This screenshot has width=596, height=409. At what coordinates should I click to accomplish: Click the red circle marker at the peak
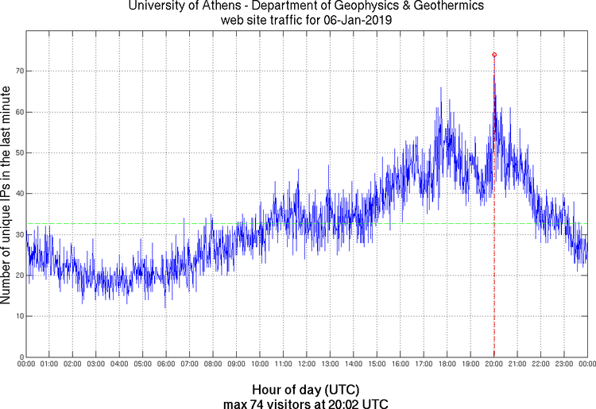pos(494,55)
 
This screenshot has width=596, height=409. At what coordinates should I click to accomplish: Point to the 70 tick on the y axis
pos(26,71)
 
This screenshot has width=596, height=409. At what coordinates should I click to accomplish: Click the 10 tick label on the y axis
pos(18,316)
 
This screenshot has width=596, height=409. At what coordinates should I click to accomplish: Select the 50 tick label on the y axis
pos(18,152)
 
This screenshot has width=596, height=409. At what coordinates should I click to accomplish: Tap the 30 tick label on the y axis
pos(18,234)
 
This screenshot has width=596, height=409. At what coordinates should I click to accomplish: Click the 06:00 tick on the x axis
pos(166,357)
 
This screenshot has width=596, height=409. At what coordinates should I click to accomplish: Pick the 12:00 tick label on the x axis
pos(306,365)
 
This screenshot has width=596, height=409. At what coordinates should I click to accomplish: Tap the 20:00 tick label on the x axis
pos(493,365)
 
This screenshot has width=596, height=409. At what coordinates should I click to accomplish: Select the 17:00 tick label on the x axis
pos(424,365)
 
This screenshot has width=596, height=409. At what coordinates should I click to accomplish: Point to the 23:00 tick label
pos(563,365)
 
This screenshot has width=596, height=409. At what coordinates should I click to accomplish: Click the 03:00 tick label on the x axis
pos(95,365)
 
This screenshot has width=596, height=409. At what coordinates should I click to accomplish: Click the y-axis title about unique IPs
pos(6,194)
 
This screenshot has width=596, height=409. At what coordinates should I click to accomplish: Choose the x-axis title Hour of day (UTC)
pos(306,390)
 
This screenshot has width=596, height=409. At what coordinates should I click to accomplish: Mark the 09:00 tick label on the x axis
pos(236,365)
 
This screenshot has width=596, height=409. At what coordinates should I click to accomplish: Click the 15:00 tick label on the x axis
pos(377,365)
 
